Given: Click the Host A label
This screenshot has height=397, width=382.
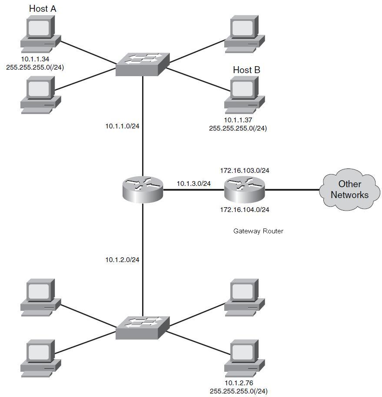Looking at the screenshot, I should pos(43,8).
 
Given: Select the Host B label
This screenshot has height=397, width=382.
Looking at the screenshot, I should pos(246,70).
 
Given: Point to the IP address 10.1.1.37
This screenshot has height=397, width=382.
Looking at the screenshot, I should pos(238,120).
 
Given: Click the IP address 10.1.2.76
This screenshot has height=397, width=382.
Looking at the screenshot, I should pos(239,384).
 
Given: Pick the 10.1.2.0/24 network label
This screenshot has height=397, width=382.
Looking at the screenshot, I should pos(122,260).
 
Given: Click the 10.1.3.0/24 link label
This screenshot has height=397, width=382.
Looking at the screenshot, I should pos(193,184).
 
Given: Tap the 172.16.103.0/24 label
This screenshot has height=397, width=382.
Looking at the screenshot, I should pos(244,171).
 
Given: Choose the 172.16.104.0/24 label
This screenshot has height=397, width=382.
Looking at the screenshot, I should pos(244,210).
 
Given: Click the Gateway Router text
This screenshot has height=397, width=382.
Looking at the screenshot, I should pos(258,231).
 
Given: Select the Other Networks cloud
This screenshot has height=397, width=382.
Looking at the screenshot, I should pos(349,190).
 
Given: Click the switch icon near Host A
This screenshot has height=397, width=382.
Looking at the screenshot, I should pos(142,64).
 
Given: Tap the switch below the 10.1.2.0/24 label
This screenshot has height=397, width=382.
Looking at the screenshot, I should pos(142,328).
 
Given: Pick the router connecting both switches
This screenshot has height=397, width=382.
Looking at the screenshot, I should pos(142,190).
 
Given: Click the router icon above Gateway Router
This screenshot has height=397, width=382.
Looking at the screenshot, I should pos(244,190).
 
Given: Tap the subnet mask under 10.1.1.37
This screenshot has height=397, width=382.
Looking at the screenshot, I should pos(238,128).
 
